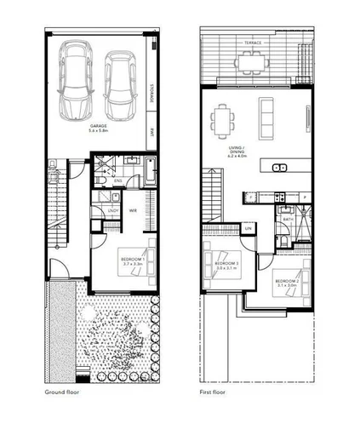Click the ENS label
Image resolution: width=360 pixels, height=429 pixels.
coord(120,180)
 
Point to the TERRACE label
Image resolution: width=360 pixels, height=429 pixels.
coord(253,42)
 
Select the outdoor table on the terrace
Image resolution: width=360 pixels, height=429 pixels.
coord(250,61)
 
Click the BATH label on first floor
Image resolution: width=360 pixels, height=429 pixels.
coord(288,219)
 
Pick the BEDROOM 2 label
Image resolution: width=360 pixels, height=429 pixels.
coord(286,282)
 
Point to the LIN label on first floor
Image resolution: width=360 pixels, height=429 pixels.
coord(249,229)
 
